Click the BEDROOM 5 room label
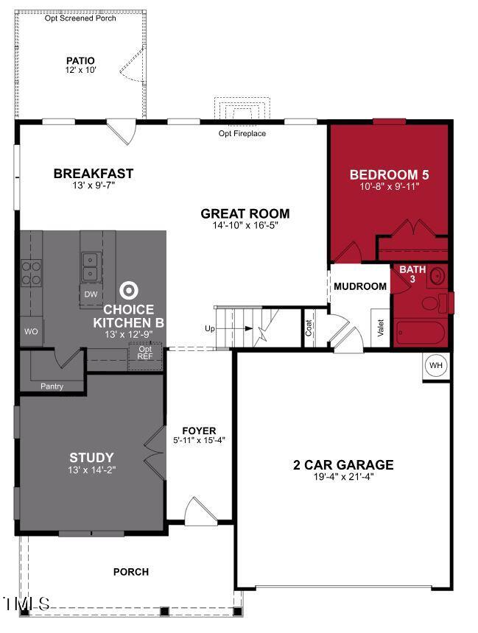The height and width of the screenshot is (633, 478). tap(389, 174)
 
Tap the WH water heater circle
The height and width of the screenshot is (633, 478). tap(435, 365)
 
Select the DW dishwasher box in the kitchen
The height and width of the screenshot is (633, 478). tap(91, 294)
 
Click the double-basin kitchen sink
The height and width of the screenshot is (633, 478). tap(91, 267)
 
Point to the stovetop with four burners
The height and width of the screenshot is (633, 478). tap(31, 273)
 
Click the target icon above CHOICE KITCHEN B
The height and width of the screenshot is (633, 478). tap(129, 290)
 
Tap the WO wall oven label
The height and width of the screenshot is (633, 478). tap(31, 331)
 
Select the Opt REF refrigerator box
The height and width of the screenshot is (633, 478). tap(145, 356)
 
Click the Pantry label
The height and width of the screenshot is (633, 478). tap(52, 386)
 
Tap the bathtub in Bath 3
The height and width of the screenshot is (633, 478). tap(421, 333)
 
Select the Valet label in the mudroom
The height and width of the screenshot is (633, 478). tap(380, 328)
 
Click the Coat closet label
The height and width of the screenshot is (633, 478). tap(309, 328)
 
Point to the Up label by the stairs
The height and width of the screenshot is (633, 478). tap(210, 328)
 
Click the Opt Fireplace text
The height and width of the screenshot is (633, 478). tap(242, 133)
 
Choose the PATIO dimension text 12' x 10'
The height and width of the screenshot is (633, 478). tap(80, 69)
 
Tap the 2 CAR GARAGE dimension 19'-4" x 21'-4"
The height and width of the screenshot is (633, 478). tap(343, 476)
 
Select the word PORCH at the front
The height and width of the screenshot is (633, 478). tap(131, 572)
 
